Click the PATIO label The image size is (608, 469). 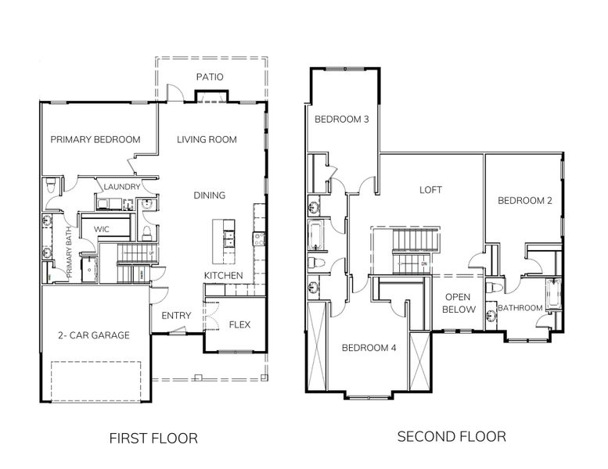point(209,77)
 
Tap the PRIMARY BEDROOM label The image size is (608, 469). point(95,140)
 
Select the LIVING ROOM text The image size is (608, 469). point(207,140)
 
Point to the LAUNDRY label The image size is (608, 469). point(121,187)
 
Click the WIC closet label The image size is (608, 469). point(101,229)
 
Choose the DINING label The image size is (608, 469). point(210,195)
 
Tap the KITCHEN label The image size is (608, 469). point(223,276)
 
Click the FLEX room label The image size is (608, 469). point(239,324)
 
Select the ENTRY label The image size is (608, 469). point(176,316)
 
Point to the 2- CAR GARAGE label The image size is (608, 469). point(94,335)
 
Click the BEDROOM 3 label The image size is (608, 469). point(342,120)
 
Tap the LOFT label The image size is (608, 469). point(431,190)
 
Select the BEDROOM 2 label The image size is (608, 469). point(525,201)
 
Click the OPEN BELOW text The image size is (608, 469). point(459,303)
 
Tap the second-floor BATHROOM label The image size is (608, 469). point(520,308)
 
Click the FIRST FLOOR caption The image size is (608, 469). point(153,438)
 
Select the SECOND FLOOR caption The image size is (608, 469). point(452,436)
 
